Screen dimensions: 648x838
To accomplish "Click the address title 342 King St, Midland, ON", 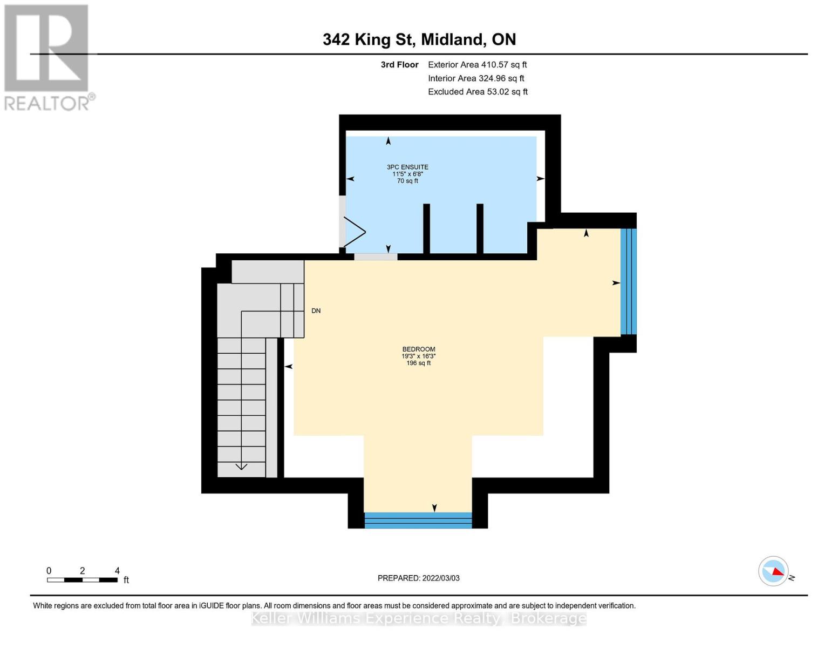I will click(419, 39).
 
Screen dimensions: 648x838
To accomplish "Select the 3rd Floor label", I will click(399, 65).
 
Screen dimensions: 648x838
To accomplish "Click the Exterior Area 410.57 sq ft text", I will click(477, 65).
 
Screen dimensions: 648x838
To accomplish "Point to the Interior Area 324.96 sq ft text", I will click(476, 78).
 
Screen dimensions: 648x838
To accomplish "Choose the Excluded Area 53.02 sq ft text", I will click(478, 92).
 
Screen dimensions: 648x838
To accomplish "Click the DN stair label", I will click(316, 311).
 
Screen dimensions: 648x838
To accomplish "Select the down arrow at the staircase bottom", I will click(241, 466).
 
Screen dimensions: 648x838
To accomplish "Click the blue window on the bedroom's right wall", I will click(628, 281).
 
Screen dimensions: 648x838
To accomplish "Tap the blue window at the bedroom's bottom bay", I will click(418, 520).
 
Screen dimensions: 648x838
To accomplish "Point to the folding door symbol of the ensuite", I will click(353, 232).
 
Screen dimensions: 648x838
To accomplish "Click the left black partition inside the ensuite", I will click(426, 228).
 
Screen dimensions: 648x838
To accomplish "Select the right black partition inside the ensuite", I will click(480, 228).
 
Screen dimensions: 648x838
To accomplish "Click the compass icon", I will click(773, 571).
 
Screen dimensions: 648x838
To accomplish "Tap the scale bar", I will click(82, 580).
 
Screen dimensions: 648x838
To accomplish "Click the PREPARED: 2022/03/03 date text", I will click(418, 578).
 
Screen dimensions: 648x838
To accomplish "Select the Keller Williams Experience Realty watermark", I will click(419, 618).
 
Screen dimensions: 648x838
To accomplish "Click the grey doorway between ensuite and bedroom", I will click(376, 256).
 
